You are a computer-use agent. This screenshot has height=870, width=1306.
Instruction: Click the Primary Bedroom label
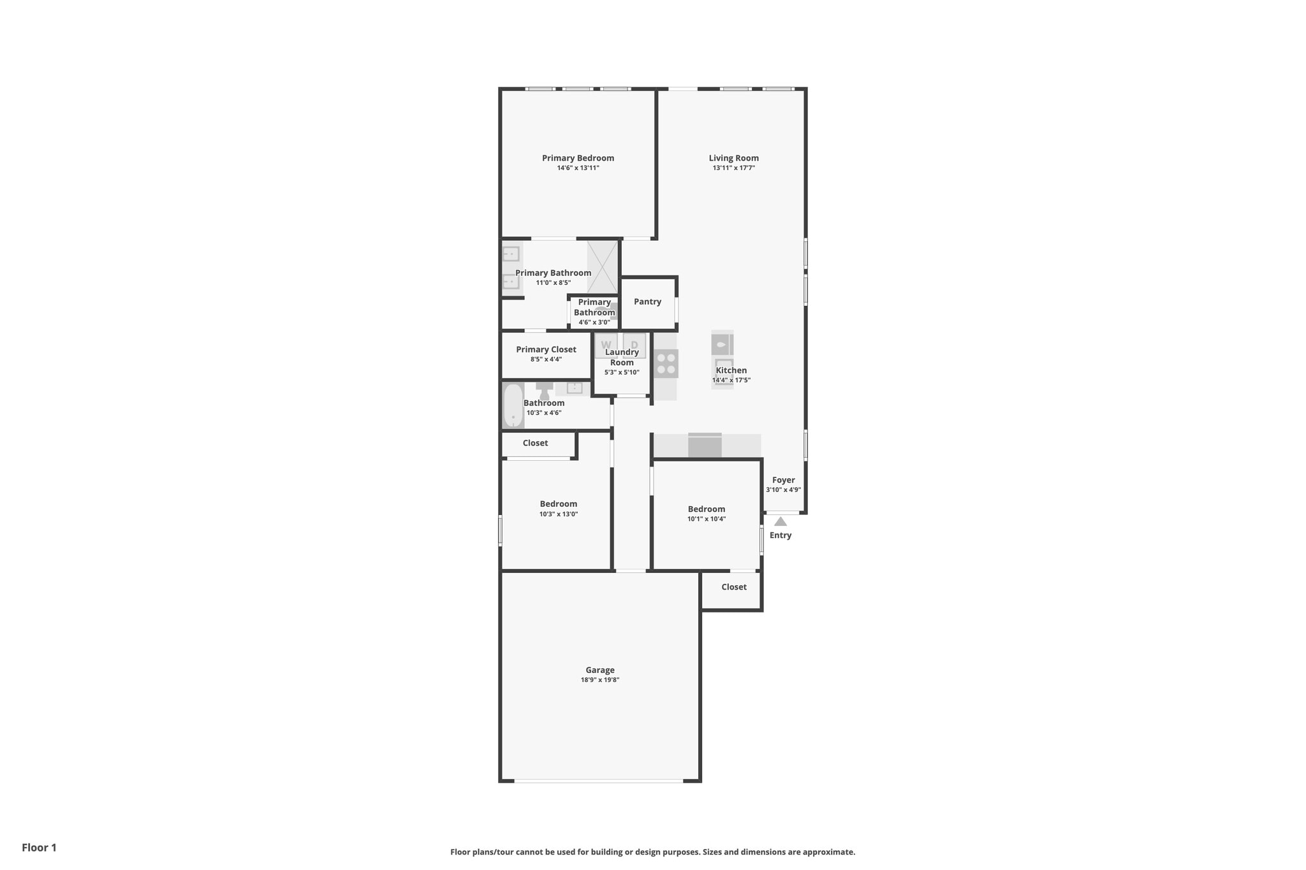pyautogui.click(x=578, y=158)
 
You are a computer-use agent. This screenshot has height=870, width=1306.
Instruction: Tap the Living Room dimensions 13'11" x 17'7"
pyautogui.click(x=733, y=168)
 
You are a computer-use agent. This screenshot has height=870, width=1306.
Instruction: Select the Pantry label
pyautogui.click(x=647, y=301)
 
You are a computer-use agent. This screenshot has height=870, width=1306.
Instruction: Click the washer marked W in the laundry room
pyautogui.click(x=606, y=345)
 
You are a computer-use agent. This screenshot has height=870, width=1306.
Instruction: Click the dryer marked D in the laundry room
pyautogui.click(x=635, y=345)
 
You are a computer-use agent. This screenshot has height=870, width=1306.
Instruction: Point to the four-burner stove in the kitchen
pyautogui.click(x=666, y=364)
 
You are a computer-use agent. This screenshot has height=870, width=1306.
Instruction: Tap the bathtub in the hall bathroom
pyautogui.click(x=513, y=405)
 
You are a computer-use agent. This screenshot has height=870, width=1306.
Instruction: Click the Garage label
pyautogui.click(x=599, y=670)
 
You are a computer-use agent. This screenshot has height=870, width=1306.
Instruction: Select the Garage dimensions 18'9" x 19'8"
pyautogui.click(x=599, y=680)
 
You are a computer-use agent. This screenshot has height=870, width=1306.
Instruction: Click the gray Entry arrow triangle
pyautogui.click(x=781, y=521)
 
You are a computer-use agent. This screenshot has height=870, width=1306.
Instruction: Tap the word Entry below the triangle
pyautogui.click(x=781, y=535)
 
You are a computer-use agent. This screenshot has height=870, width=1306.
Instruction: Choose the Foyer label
pyautogui.click(x=783, y=480)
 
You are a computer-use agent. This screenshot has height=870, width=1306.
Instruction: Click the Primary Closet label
pyautogui.click(x=546, y=349)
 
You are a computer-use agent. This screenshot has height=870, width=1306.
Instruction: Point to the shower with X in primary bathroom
pyautogui.click(x=602, y=267)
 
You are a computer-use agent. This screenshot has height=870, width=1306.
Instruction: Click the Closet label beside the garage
pyautogui.click(x=733, y=587)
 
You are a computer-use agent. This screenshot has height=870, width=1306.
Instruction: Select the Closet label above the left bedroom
pyautogui.click(x=535, y=443)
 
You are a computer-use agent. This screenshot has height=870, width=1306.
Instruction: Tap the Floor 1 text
pyautogui.click(x=39, y=848)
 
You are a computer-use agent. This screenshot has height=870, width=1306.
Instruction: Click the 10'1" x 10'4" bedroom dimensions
pyautogui.click(x=706, y=519)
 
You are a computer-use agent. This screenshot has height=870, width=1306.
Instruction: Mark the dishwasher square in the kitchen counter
pyautogui.click(x=705, y=446)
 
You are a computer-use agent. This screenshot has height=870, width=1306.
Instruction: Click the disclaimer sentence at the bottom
pyautogui.click(x=652, y=852)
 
